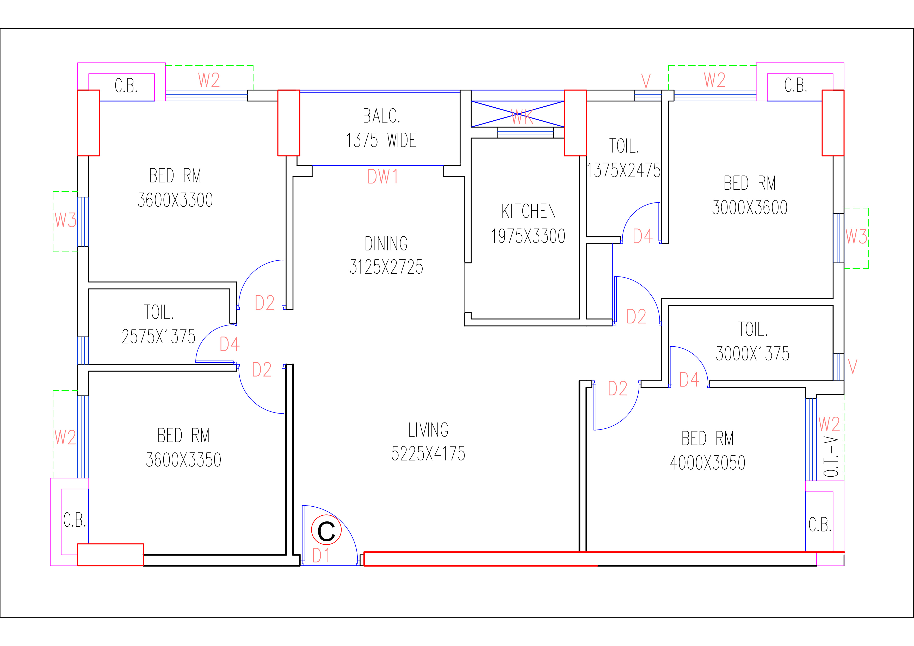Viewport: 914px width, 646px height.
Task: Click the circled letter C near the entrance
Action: point(326,531)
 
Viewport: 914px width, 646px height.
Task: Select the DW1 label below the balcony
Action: point(382,177)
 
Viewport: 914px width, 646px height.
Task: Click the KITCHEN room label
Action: point(529,211)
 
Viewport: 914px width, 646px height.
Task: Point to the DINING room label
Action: point(386,244)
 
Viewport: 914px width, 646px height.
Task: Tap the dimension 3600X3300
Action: point(175,200)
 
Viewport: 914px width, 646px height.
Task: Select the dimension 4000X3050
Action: point(707,463)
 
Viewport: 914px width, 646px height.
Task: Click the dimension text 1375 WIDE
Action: point(381,140)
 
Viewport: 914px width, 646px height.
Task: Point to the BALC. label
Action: point(381,116)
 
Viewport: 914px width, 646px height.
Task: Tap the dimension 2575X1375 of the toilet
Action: point(158,337)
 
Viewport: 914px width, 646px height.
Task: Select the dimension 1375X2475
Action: point(623,171)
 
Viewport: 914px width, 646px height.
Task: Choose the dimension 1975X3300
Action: point(528,236)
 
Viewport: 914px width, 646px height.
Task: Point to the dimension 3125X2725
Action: point(386,267)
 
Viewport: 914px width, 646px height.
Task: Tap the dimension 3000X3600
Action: point(750,208)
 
